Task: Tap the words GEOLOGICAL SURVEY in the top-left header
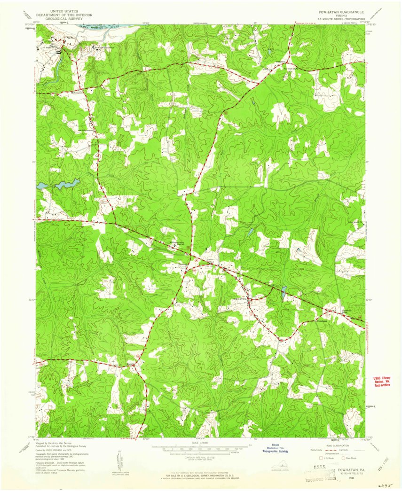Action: pos(64,19)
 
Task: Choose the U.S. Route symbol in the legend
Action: pos(321,457)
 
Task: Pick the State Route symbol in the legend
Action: pos(344,457)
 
